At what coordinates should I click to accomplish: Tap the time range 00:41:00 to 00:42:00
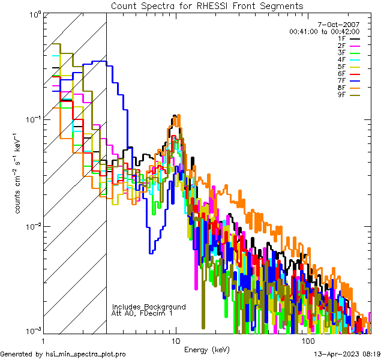point(324,31)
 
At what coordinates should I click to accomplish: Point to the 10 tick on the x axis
point(175,341)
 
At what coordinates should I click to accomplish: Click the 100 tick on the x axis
point(307,341)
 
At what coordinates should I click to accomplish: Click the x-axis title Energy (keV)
point(206,350)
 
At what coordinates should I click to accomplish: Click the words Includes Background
point(149,307)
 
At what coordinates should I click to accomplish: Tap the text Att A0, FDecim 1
point(142,313)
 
